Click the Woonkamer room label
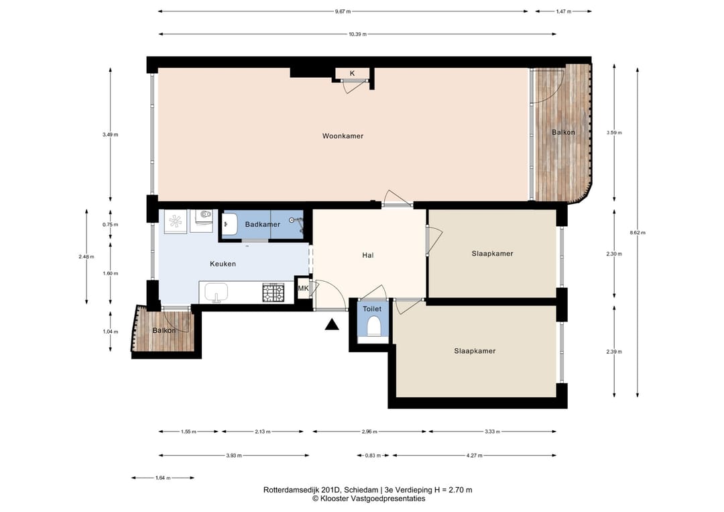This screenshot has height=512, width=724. [343, 136]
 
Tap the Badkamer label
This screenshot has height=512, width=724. [262, 224]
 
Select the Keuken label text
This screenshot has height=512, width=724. [223, 264]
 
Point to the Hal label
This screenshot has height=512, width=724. [367, 255]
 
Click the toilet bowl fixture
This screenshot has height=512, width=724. [373, 327]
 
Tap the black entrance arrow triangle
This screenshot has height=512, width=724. [332, 324]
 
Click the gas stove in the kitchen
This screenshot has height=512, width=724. [274, 293]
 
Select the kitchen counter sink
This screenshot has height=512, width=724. [217, 293]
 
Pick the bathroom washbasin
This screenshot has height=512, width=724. [229, 225]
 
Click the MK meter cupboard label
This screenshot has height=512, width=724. [303, 289]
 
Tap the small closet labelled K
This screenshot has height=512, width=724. [353, 73]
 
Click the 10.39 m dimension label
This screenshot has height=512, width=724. [357, 34]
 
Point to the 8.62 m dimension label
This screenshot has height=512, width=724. [638, 232]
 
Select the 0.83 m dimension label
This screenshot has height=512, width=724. [373, 455]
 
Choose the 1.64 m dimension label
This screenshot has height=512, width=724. [163, 478]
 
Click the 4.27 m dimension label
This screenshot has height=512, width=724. [474, 455]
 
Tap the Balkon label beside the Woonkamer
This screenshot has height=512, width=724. [563, 132]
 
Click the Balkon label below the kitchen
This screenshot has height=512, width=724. [164, 330]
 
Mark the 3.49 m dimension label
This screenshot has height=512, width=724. [111, 134]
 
